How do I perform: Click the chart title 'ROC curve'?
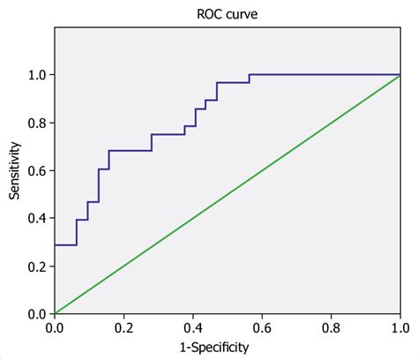point(227,13)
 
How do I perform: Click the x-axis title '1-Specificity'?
point(227,348)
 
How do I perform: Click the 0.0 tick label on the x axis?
point(55,327)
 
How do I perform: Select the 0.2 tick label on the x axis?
point(123,327)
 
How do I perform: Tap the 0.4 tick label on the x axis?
point(192,327)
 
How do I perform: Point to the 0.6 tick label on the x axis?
point(261,327)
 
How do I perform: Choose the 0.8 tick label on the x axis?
point(330,327)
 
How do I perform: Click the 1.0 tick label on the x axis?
point(399,327)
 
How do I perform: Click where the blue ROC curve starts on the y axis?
point(55,244)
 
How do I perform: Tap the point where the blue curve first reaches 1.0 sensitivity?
point(249,75)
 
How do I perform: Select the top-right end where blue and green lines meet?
point(399,75)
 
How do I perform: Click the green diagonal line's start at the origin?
point(55,313)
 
